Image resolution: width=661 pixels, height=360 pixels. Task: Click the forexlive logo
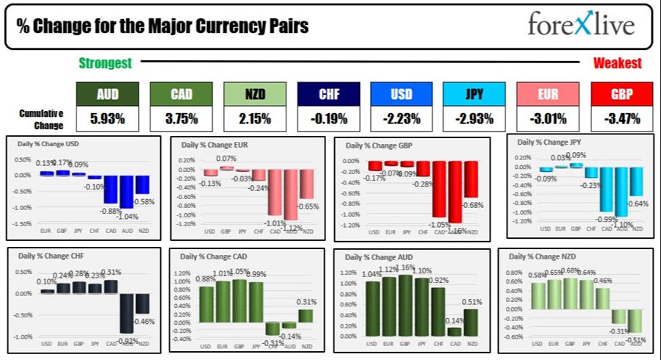pos(579,25)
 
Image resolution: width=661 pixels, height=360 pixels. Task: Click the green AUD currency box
pos(106,93)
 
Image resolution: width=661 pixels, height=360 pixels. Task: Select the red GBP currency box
pos(621,93)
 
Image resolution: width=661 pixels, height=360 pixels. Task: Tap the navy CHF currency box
pos(328,93)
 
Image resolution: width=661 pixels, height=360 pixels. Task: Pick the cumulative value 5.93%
pos(106,118)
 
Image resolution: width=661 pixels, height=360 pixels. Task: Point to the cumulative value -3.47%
pos(621,118)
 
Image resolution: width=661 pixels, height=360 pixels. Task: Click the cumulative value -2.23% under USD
pos(401,118)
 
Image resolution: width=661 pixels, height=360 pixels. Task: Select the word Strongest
pos(105,64)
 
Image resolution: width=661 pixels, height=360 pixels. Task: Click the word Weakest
pos(617,64)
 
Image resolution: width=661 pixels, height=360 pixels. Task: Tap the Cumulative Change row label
pos(41,118)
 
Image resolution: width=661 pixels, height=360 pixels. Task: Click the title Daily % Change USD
pos(49,143)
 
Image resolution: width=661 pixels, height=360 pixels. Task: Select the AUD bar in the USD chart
pos(126,191)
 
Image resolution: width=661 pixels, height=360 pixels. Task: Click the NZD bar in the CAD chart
pos(305,315)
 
